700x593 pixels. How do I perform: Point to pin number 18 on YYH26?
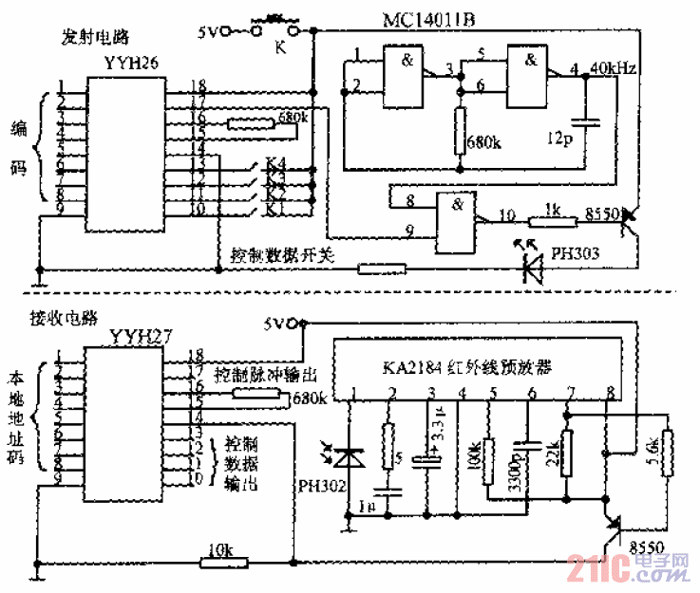point(197,85)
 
